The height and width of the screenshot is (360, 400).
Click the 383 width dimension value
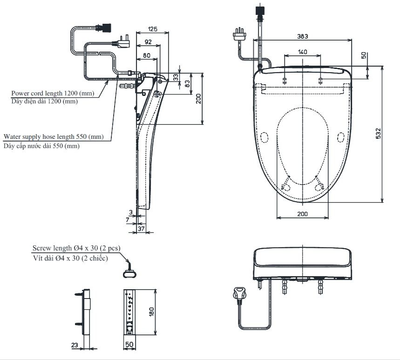(x=303, y=36)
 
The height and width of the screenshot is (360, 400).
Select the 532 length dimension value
(x=378, y=134)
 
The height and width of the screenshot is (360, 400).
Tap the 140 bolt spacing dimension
(x=303, y=52)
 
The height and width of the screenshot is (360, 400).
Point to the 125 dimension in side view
(x=153, y=29)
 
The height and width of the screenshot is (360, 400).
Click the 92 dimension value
(x=148, y=42)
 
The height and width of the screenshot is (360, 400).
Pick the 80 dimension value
(x=147, y=55)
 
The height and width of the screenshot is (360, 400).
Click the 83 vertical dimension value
(x=187, y=84)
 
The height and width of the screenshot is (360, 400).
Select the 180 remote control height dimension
(x=151, y=312)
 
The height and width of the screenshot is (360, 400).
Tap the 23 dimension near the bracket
(x=75, y=345)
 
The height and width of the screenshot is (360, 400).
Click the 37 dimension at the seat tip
(x=141, y=229)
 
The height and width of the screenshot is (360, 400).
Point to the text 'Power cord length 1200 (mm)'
(x=53, y=94)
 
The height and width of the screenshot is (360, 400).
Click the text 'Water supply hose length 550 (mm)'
(x=54, y=137)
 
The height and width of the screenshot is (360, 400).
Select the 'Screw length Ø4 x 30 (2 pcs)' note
(x=76, y=248)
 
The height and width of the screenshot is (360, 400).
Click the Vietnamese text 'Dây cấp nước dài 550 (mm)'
(x=41, y=146)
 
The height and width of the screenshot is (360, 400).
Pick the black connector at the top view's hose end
(x=260, y=10)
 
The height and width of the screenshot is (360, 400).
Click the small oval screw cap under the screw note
(x=129, y=274)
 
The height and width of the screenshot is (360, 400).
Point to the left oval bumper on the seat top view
(x=264, y=137)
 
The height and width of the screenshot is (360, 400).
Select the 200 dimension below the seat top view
(x=303, y=214)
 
